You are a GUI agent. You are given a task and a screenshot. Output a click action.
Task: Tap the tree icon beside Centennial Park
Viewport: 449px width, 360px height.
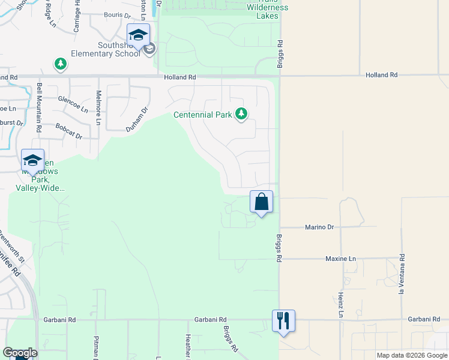(241, 113)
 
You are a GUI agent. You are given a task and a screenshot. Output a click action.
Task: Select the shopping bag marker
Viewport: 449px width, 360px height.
(262, 202)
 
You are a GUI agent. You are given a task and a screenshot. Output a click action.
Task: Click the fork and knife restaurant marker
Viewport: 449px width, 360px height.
(283, 320)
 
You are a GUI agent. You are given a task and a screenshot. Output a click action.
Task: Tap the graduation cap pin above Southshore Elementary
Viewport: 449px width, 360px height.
(138, 35)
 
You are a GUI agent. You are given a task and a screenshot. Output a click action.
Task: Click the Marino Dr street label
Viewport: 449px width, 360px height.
(319, 227)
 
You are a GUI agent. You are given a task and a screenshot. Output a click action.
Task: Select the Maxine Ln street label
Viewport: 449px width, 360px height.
(340, 259)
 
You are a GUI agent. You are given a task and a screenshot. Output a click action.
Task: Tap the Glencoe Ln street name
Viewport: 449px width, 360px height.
(73, 103)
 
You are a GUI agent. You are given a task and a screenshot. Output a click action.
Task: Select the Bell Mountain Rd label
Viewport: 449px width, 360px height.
(39, 107)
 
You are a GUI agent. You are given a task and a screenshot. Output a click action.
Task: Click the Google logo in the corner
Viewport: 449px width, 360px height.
(20, 353)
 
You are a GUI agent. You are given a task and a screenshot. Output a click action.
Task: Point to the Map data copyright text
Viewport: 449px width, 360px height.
(411, 356)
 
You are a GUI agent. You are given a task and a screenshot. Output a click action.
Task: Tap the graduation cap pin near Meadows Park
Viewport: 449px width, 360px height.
(32, 161)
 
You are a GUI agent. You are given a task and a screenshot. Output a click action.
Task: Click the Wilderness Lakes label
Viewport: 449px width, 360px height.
(268, 11)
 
